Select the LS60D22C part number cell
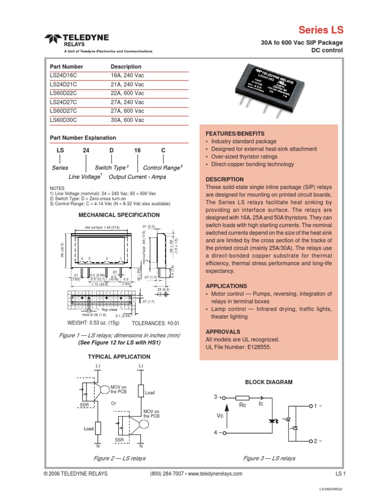pos(64,93)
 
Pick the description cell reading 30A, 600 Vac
pos(128,120)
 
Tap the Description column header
pos(126,67)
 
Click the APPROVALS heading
pos(223,332)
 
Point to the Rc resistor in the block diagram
pos(242,399)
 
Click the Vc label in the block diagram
pos(219,415)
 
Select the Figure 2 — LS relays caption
pos(119,458)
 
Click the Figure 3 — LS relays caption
pos(269,458)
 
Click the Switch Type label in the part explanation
pos(111,168)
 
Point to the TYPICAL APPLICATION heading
pos(119,357)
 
